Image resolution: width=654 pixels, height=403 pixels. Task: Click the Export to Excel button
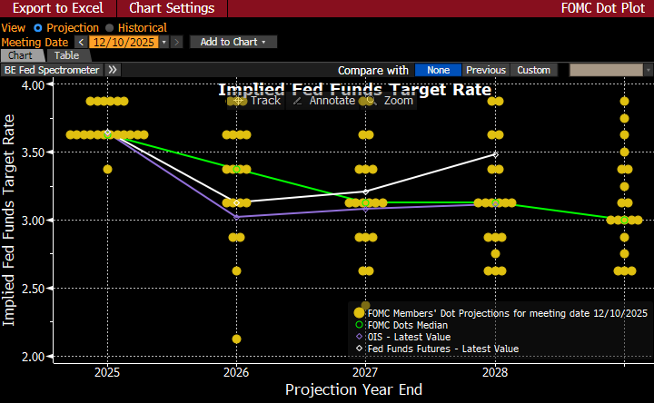[x=57, y=8]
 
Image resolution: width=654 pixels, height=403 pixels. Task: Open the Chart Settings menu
[x=172, y=8]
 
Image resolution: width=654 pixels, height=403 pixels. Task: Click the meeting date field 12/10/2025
[x=124, y=42]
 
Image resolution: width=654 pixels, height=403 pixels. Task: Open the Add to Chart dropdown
[x=233, y=42]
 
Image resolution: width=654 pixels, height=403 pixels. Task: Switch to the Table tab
[x=67, y=56]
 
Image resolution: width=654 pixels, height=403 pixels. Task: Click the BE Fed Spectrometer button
[x=52, y=70]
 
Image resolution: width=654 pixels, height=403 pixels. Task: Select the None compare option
[x=439, y=70]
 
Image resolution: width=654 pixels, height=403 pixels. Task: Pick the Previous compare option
[x=486, y=70]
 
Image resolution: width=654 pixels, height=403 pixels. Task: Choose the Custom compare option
[x=534, y=70]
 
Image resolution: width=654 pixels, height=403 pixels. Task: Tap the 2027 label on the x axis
[x=365, y=372]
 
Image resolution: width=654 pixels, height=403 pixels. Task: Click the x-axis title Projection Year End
[x=353, y=389]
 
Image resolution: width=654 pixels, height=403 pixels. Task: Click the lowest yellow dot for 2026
[x=236, y=339]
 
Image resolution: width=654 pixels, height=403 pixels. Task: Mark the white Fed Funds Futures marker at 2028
[x=495, y=154]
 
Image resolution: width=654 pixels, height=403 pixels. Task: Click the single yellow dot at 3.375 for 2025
[x=108, y=169]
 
